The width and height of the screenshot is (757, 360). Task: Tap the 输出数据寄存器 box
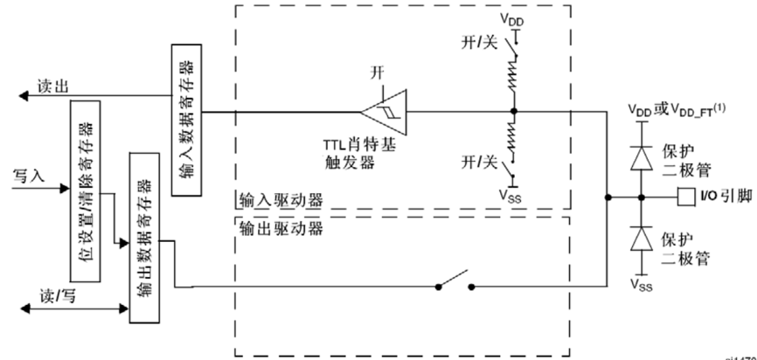(144, 237)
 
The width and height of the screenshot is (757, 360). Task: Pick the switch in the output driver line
(455, 286)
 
